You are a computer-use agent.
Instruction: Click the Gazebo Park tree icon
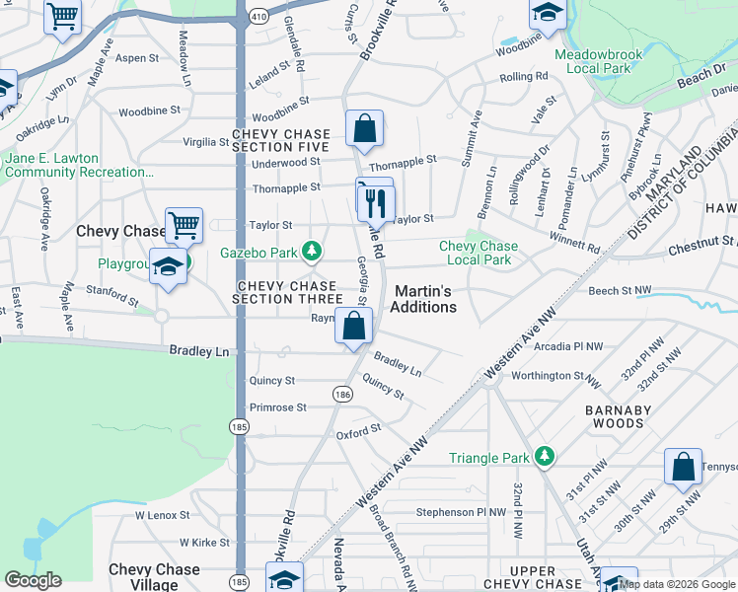[x=312, y=253]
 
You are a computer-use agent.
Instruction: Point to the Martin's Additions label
[x=425, y=299]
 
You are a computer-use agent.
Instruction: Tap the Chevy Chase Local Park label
[x=478, y=253]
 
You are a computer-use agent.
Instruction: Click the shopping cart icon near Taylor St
[x=184, y=226]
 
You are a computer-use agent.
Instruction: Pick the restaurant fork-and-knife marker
[x=376, y=203]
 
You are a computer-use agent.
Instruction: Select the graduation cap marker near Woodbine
[x=547, y=13]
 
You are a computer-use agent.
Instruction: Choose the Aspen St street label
[x=137, y=58]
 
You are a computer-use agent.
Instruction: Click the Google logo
[x=34, y=580]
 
